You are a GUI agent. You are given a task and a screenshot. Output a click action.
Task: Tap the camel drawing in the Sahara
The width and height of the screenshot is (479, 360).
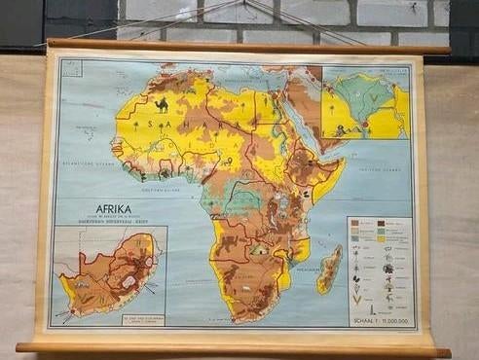pos(162,104)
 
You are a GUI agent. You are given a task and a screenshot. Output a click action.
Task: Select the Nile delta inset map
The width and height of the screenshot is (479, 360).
pos(365,102)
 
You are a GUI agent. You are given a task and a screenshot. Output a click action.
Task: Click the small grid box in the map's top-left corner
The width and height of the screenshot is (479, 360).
pos(69,67)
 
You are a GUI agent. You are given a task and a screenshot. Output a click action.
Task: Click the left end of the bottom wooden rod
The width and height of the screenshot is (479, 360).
pos(21,346)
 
